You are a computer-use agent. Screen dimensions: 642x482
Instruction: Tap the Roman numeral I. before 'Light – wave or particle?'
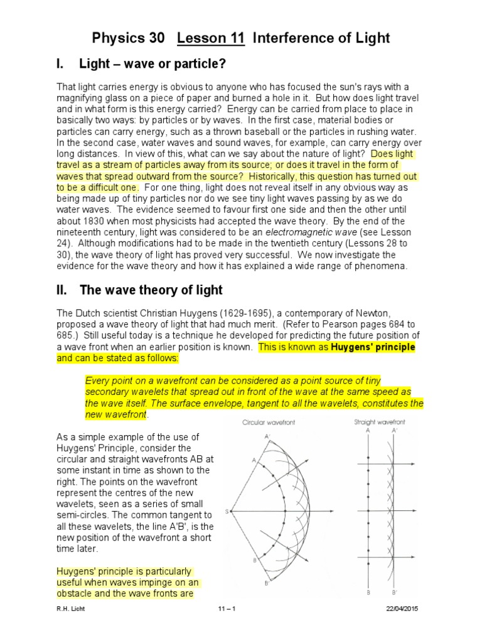pyautogui.click(x=61, y=64)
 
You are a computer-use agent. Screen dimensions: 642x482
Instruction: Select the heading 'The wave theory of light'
pyautogui.click(x=151, y=290)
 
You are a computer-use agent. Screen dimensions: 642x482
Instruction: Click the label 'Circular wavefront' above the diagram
pyautogui.click(x=269, y=423)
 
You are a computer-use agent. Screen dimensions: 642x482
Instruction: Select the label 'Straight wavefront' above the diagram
pyautogui.click(x=380, y=423)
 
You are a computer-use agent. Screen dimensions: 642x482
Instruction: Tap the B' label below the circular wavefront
pyautogui.click(x=267, y=584)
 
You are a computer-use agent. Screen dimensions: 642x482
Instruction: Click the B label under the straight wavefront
pyautogui.click(x=368, y=591)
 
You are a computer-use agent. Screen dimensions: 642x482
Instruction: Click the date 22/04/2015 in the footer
pyautogui.click(x=402, y=609)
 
